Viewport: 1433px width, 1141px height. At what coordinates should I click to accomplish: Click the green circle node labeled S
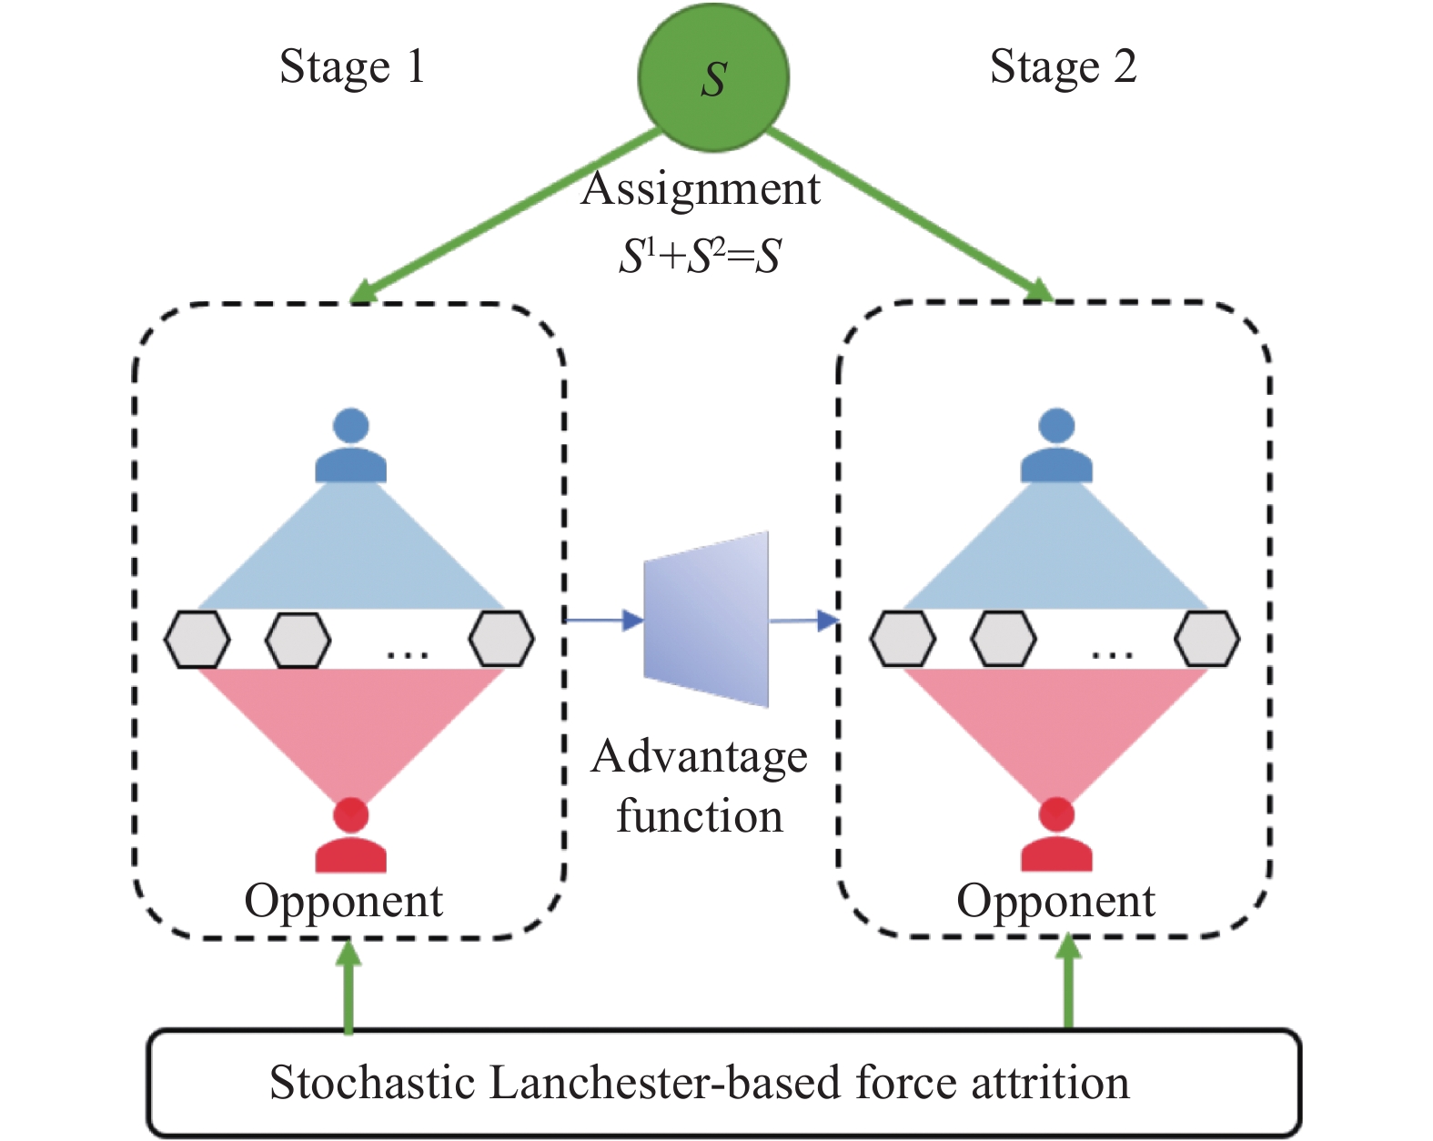713,76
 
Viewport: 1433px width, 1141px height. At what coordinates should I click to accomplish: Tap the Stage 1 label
352,66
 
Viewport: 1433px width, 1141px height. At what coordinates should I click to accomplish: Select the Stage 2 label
1063,66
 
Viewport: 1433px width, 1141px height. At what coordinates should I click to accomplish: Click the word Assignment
701,189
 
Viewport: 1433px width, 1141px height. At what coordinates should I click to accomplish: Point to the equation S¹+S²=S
700,256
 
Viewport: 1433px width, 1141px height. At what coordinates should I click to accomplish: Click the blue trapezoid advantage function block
706,620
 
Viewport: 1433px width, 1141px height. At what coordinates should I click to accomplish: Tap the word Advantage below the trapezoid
699,757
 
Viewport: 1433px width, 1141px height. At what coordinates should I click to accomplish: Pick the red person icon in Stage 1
351,835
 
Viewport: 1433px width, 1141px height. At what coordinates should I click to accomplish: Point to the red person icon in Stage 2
1056,835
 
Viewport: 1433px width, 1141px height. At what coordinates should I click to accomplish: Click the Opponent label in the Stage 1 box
343,901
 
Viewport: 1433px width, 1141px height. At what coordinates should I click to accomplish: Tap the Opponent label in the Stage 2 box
1055,901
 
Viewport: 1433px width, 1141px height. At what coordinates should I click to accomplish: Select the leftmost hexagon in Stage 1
197,639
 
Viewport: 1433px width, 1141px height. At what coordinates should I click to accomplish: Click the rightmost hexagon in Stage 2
1206,639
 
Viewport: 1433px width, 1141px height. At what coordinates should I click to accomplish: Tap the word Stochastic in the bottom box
373,1083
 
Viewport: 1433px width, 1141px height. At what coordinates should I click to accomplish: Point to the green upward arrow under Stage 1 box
348,987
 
